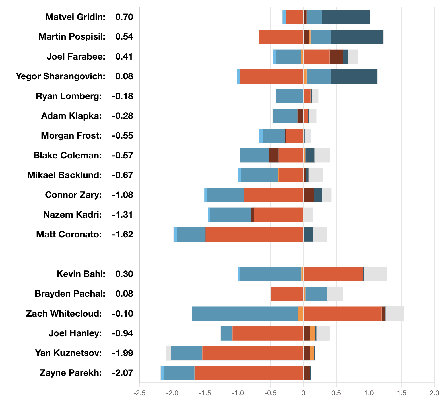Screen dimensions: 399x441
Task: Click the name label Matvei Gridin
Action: coord(75,17)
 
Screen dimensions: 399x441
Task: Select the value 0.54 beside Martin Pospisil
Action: coord(124,37)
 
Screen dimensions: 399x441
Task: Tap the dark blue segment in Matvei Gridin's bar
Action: coord(345,17)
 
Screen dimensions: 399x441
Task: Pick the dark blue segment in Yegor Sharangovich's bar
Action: coord(354,76)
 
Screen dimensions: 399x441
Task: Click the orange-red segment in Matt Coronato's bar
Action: coord(254,235)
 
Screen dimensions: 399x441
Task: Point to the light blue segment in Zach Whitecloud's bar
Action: coord(245,313)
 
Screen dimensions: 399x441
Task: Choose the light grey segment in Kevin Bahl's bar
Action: coord(375,274)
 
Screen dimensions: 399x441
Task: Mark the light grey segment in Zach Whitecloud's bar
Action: coord(394,313)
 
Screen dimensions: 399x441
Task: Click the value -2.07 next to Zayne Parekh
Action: coord(122,373)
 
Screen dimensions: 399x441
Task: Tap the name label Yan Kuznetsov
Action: coord(68,353)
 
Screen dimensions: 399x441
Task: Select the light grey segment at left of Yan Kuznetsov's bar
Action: coord(168,353)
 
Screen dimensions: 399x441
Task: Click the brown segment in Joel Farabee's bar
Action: coord(336,57)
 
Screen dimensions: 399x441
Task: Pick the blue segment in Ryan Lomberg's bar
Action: coord(289,96)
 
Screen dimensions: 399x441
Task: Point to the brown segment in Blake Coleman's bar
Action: coord(273,156)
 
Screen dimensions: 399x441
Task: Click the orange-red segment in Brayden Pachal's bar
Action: coord(287,294)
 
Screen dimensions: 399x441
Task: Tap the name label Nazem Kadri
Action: coord(72,215)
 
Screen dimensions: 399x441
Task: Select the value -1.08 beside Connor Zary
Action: coord(122,195)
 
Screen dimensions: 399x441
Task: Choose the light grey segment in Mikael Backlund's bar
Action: coord(316,175)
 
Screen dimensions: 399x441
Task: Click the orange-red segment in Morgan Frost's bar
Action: coord(294,136)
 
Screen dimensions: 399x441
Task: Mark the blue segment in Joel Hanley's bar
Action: coord(226,333)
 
